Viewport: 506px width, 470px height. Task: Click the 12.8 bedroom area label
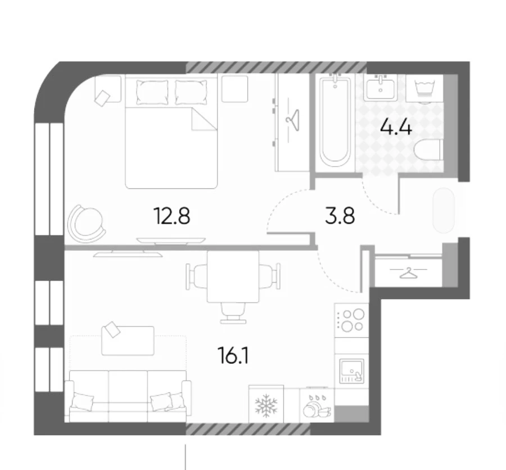(x=173, y=216)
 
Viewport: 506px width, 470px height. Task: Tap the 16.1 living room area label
(x=234, y=355)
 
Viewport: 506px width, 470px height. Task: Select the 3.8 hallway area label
(x=340, y=216)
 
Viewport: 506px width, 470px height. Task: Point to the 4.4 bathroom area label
(x=396, y=127)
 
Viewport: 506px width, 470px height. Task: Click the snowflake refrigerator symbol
(x=266, y=404)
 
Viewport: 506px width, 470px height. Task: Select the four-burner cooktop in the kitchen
(x=351, y=320)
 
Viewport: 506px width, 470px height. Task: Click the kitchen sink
(x=351, y=371)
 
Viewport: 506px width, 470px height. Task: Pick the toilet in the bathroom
(x=427, y=150)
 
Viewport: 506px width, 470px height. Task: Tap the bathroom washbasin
(x=381, y=87)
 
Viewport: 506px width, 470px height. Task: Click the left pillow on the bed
(x=152, y=92)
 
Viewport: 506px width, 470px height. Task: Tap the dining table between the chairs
(x=233, y=277)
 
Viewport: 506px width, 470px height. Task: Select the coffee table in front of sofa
(x=128, y=341)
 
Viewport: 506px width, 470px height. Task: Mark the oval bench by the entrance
(x=444, y=210)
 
